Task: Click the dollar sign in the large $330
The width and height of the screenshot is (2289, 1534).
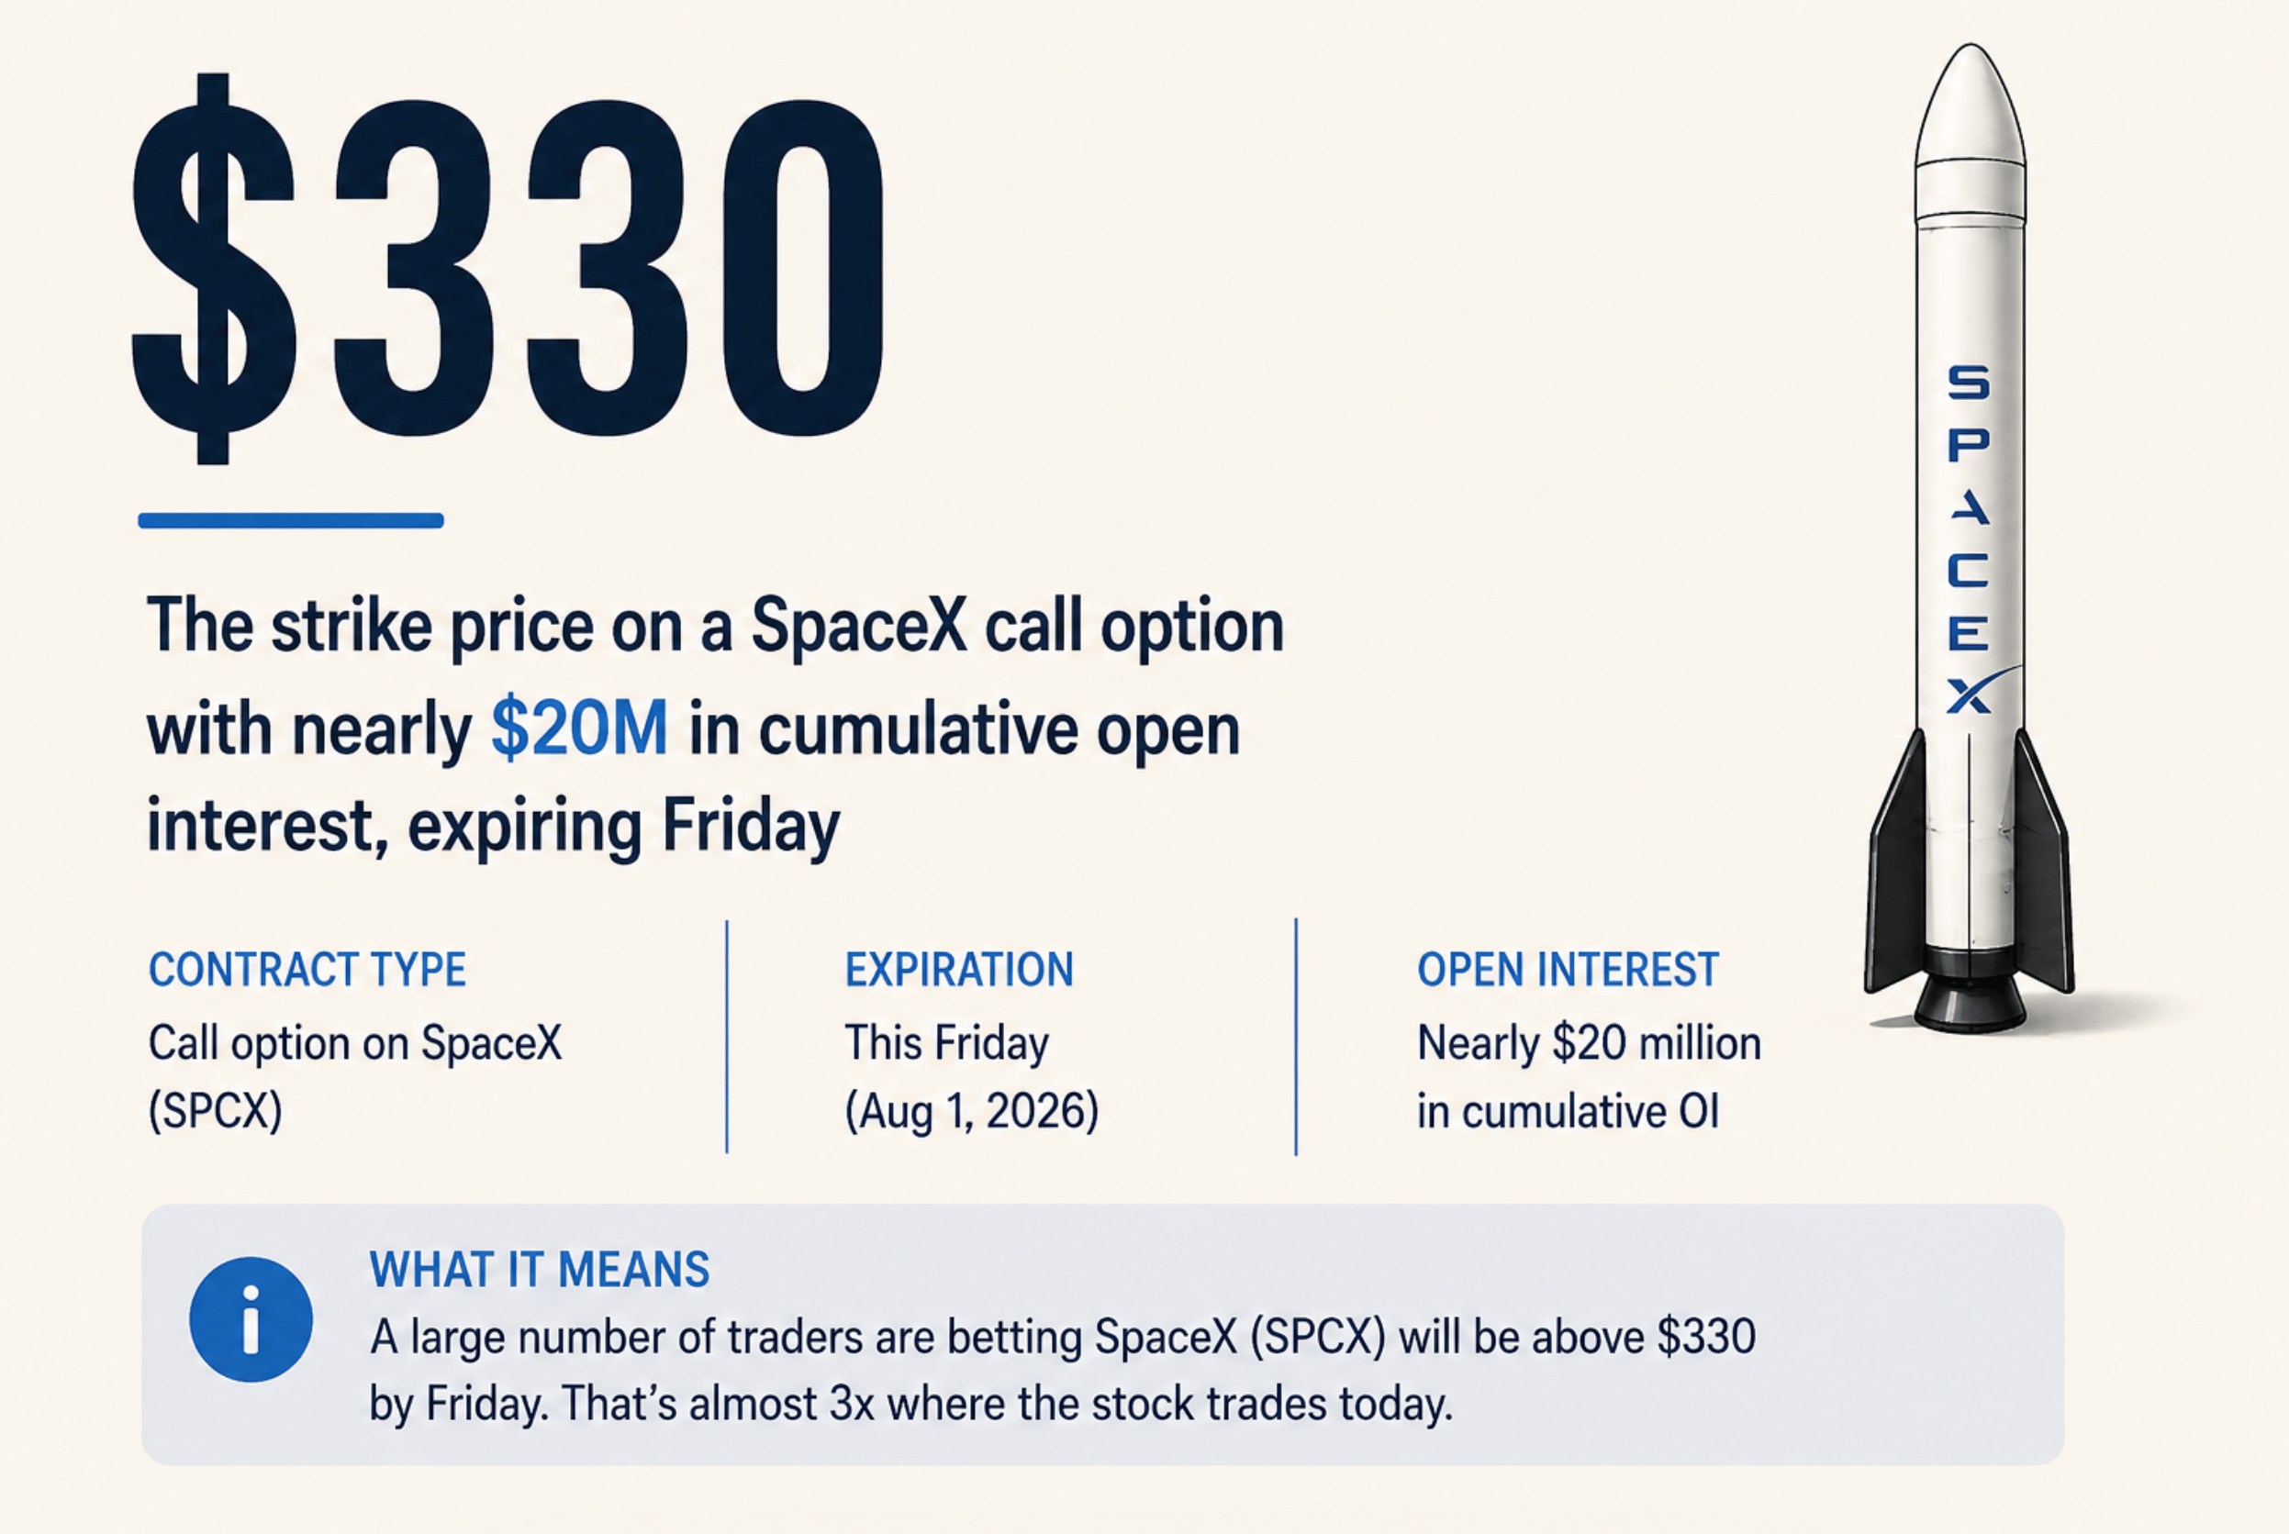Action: coord(213,268)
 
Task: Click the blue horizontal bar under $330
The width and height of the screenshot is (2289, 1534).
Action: coord(291,520)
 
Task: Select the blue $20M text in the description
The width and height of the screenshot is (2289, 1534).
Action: coord(579,728)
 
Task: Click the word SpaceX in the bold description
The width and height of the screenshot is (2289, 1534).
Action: coord(859,625)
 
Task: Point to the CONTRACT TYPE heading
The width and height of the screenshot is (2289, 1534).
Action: coord(307,970)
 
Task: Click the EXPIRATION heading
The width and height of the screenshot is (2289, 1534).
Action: coord(959,970)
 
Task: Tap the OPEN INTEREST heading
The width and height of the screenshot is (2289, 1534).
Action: coord(1568,970)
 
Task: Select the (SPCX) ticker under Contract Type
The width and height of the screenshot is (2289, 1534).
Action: coord(216,1111)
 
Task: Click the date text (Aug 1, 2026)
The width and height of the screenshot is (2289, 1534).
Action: coord(972,1111)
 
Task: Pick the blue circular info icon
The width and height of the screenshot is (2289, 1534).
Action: coord(251,1318)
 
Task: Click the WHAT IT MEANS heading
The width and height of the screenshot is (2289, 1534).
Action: coord(540,1270)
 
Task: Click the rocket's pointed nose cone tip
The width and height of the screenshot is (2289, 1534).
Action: coord(1970,45)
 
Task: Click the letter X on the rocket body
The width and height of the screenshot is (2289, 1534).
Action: coord(1969,695)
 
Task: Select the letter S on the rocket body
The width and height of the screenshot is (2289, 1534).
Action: coord(1968,382)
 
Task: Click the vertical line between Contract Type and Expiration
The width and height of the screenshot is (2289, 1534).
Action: coord(727,1036)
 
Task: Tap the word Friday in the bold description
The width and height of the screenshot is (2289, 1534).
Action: coord(751,827)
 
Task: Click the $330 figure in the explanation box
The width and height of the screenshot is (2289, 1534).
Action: coord(1706,1338)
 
